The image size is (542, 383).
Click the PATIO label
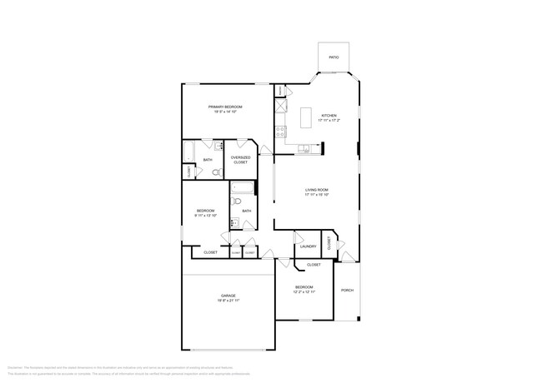333,57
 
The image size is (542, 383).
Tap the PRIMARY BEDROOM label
225,107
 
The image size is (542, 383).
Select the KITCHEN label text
329,116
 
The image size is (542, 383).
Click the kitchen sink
305,149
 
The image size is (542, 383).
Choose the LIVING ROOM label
316,190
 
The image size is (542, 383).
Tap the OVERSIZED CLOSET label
240,159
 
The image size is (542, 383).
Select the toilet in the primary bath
216,172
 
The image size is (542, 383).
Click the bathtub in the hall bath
242,187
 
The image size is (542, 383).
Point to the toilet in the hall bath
236,201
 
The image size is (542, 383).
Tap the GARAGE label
228,296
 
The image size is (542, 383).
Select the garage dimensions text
228,301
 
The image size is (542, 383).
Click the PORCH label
347,290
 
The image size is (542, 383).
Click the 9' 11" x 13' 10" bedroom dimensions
205,216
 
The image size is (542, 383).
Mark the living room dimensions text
316,196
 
